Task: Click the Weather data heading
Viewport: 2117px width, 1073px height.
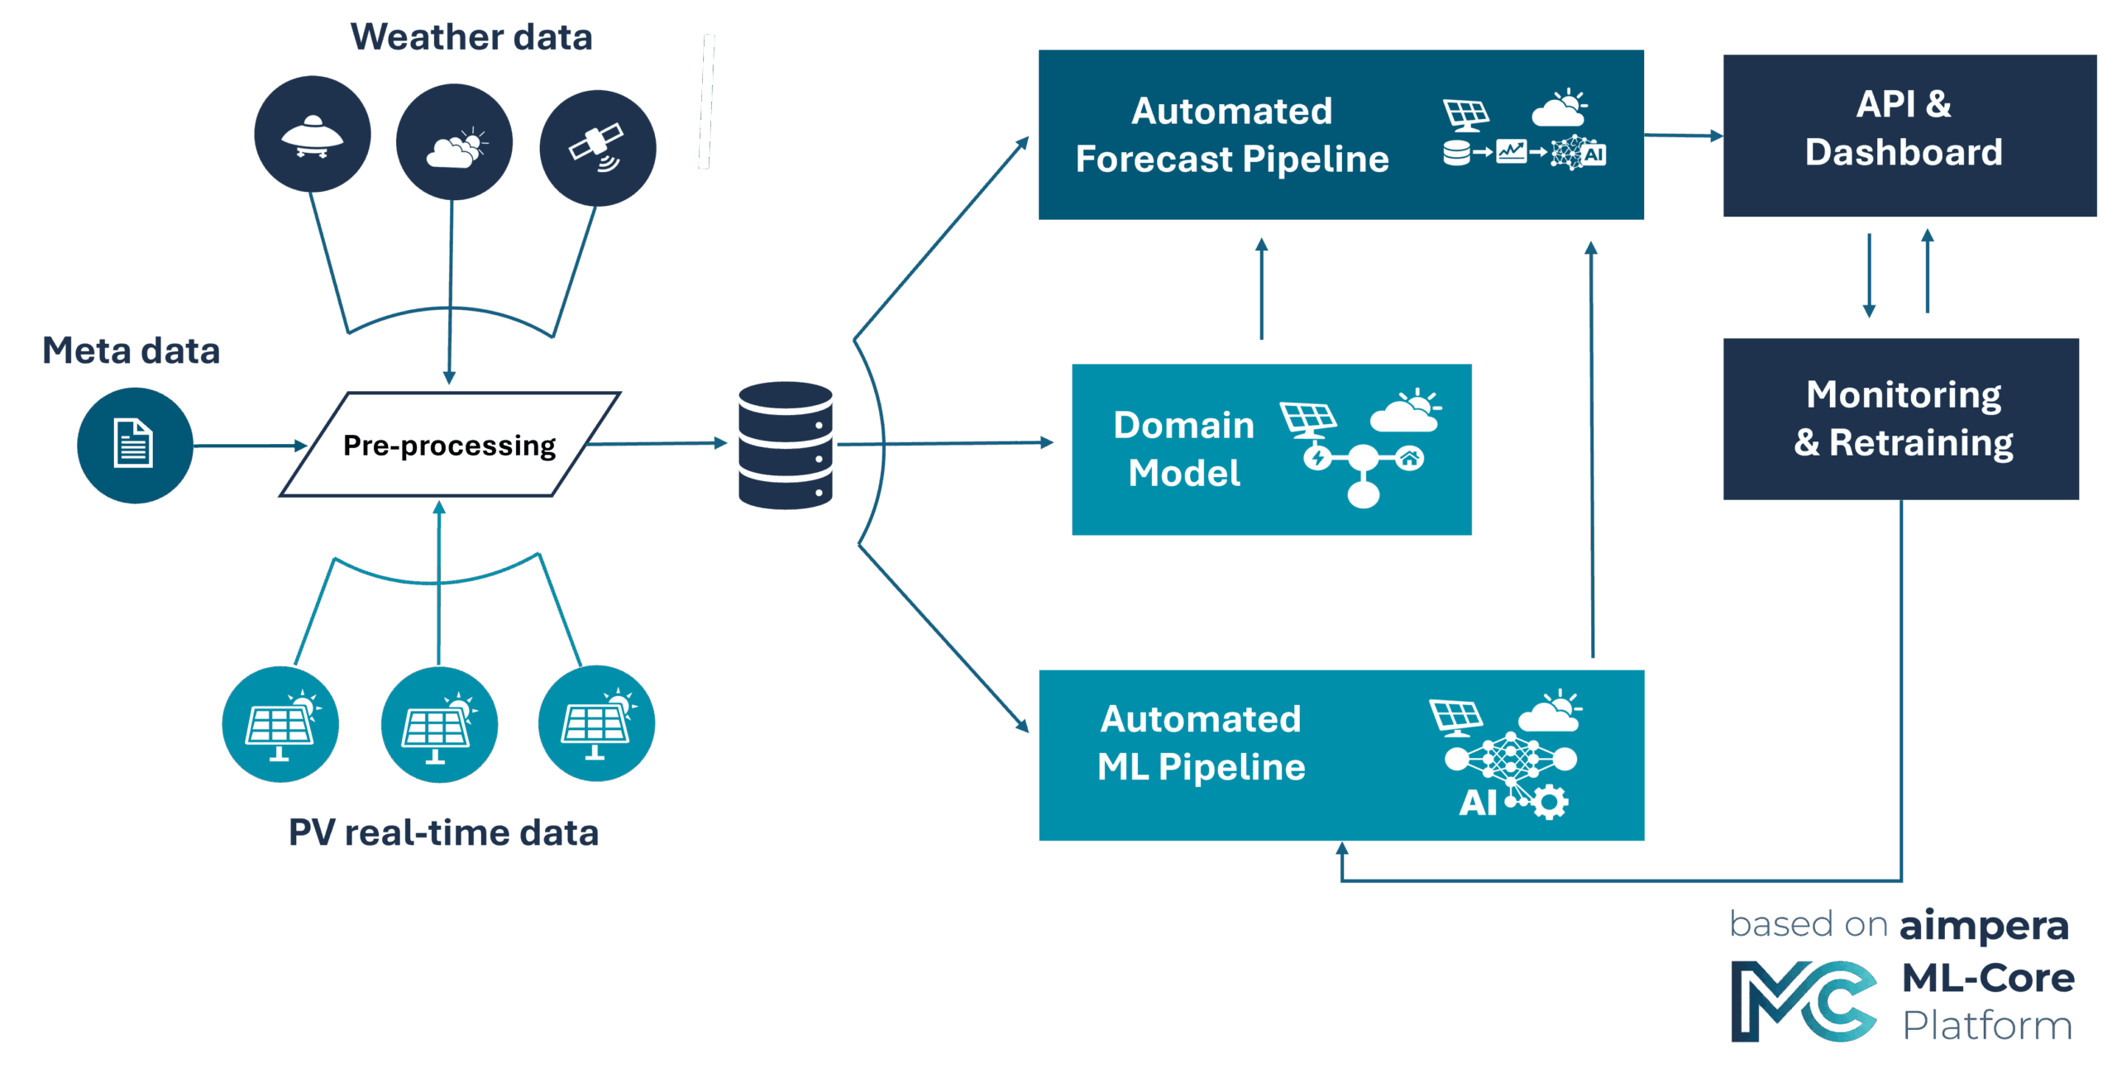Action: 471,37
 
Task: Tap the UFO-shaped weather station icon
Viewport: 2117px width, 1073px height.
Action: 312,135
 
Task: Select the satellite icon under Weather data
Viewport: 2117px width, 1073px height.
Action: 597,148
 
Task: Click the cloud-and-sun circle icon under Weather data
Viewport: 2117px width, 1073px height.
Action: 454,142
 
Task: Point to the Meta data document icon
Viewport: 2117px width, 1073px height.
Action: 134,445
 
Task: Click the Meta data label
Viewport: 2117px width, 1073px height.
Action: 131,351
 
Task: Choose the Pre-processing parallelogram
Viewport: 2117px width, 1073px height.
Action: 450,445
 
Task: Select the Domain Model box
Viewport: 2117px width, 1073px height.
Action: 1271,450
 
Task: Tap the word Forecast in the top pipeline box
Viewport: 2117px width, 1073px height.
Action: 1154,159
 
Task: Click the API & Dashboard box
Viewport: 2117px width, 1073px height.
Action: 1909,136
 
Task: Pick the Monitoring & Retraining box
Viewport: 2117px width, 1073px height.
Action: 1901,419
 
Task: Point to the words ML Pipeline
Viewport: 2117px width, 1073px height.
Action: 1201,767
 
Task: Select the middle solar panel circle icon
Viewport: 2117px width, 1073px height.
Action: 439,725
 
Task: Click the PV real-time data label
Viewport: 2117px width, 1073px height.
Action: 443,832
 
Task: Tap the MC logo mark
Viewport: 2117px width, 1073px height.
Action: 1804,1001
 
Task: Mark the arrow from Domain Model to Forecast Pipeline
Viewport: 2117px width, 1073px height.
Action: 1261,289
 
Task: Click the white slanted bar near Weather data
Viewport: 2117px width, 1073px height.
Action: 706,102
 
